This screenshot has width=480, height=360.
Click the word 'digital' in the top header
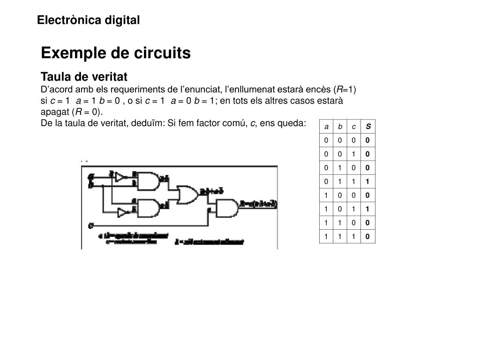tap(122, 20)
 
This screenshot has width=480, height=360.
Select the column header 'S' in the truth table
tap(368, 127)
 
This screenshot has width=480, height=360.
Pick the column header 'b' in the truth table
tap(340, 127)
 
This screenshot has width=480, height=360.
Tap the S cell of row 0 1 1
tap(368, 181)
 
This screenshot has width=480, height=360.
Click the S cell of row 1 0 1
tap(368, 209)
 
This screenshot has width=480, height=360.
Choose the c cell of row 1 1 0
tap(354, 223)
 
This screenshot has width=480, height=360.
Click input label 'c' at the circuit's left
tap(90, 225)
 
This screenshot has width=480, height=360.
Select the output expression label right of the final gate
tap(259, 204)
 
